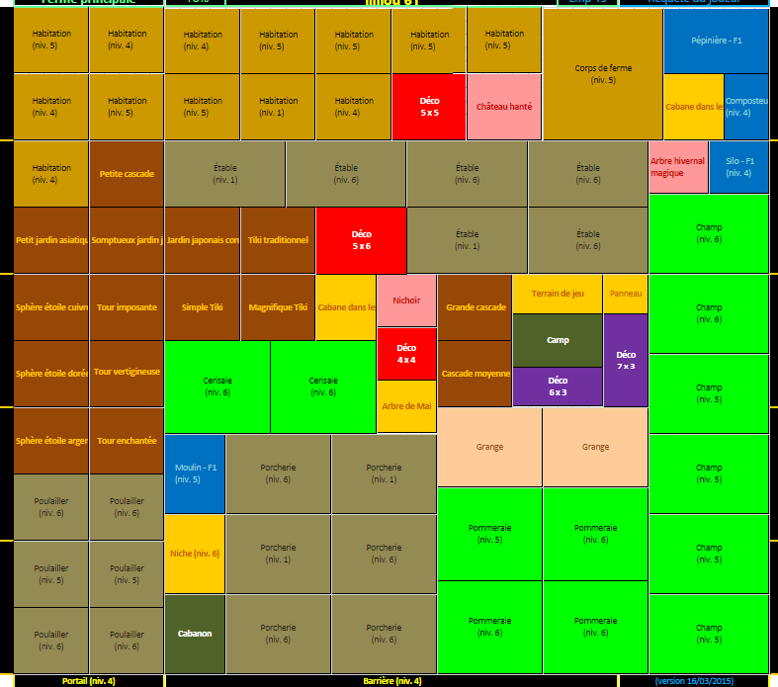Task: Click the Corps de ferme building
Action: (602, 74)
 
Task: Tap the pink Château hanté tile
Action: (504, 106)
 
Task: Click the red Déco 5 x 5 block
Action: (429, 106)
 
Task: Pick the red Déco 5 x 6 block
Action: (361, 240)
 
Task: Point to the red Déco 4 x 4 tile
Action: (406, 354)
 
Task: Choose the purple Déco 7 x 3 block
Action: (626, 360)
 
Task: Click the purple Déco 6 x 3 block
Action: (558, 386)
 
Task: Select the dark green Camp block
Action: (558, 340)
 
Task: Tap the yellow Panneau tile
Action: (626, 294)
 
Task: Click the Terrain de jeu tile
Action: (558, 294)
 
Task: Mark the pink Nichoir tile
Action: (406, 301)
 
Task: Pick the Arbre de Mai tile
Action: (406, 406)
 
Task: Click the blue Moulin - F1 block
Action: (195, 473)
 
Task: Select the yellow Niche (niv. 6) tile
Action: (195, 554)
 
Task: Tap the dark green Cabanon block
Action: (195, 634)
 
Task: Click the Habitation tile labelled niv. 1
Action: (278, 106)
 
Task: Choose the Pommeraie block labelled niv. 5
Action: (489, 534)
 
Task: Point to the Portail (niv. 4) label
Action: (88, 681)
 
